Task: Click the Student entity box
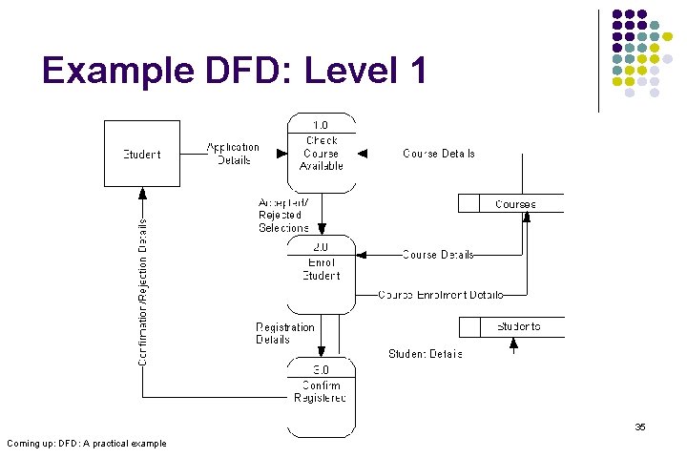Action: pyautogui.click(x=141, y=153)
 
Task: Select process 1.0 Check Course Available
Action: pyautogui.click(x=322, y=153)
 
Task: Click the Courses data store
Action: pyautogui.click(x=511, y=203)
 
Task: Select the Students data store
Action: pyautogui.click(x=511, y=327)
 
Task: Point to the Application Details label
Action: pyautogui.click(x=233, y=153)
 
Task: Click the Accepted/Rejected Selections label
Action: pyautogui.click(x=283, y=215)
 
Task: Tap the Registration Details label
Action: pyautogui.click(x=284, y=333)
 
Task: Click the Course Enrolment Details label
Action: pyautogui.click(x=440, y=295)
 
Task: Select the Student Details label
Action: pyautogui.click(x=425, y=354)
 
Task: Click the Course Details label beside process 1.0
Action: pyautogui.click(x=438, y=153)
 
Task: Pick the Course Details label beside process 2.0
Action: pyautogui.click(x=438, y=255)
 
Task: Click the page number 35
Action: pyautogui.click(x=640, y=427)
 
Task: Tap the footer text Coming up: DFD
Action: pyautogui.click(x=86, y=443)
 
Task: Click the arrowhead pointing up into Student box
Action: pyautogui.click(x=141, y=192)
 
